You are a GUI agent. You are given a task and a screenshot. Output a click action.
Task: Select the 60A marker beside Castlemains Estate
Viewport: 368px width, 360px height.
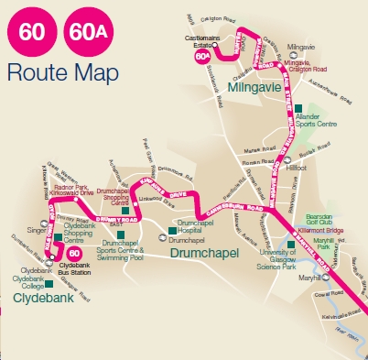point(202,56)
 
